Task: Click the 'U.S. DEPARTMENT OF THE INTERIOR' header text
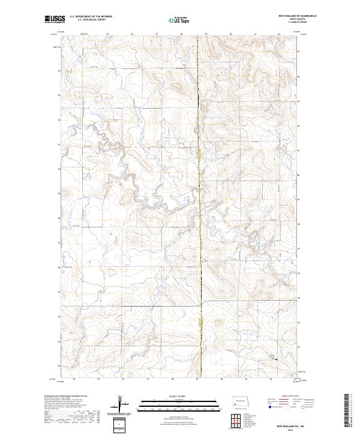point(91,17)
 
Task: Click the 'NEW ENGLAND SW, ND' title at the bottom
point(298,424)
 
